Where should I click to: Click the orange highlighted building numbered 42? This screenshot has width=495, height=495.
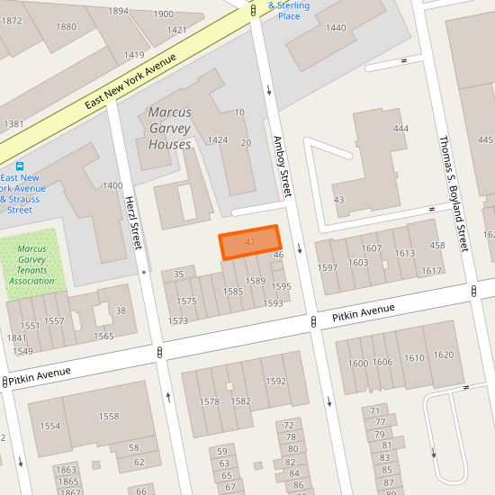point(250,243)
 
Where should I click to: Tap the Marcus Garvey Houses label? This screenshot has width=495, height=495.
point(169,129)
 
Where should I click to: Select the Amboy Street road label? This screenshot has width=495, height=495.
point(283,166)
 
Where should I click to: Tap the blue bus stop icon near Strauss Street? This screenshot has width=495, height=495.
point(20,166)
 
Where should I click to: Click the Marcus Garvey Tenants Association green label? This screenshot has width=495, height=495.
point(33,265)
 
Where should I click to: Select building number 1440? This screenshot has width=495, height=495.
point(335,28)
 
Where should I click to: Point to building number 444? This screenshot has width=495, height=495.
point(400,129)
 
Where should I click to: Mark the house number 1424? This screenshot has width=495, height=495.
point(218,140)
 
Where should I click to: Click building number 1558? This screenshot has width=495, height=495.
point(109,417)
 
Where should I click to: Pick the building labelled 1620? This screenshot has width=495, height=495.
point(443,355)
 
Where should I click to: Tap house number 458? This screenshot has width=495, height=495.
point(437,246)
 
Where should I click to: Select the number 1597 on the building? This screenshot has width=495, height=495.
point(328,268)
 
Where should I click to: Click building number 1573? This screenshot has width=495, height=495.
point(177,320)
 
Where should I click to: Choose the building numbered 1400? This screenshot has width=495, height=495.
point(112,185)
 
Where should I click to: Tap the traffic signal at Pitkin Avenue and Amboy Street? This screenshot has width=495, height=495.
point(312,321)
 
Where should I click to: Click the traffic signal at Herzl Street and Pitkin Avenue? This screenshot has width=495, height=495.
point(159,353)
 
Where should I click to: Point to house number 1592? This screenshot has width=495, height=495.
point(274,381)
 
